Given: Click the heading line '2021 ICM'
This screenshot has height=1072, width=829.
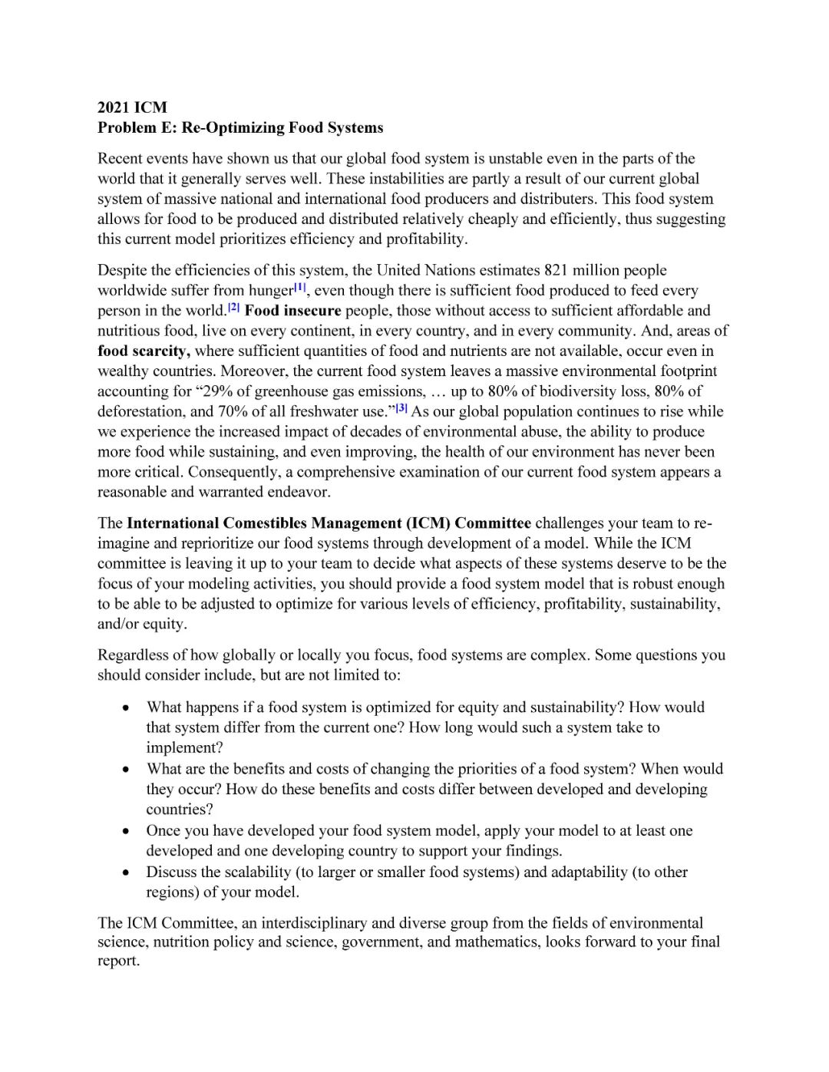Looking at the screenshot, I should pyautogui.click(x=132, y=107).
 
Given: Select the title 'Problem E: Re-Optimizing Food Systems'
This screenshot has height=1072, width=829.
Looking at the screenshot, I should pyautogui.click(x=239, y=127).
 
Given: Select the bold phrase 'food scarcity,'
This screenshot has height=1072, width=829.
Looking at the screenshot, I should pyautogui.click(x=144, y=351).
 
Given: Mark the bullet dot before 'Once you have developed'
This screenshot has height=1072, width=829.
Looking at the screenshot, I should pyautogui.click(x=125, y=831).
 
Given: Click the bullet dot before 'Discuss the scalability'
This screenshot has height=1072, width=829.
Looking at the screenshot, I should pyautogui.click(x=125, y=872).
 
